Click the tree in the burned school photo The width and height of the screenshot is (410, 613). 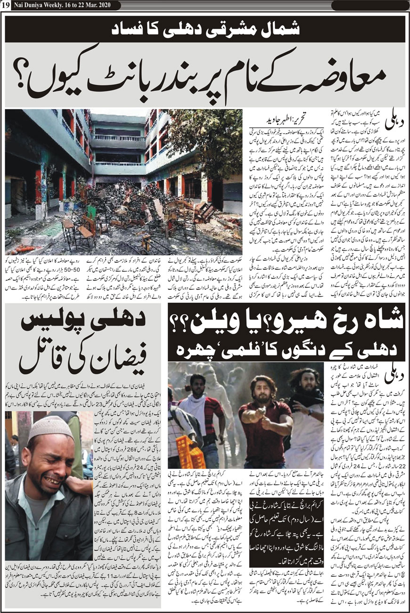[207, 137]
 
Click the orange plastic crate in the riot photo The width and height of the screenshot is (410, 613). [190, 452]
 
